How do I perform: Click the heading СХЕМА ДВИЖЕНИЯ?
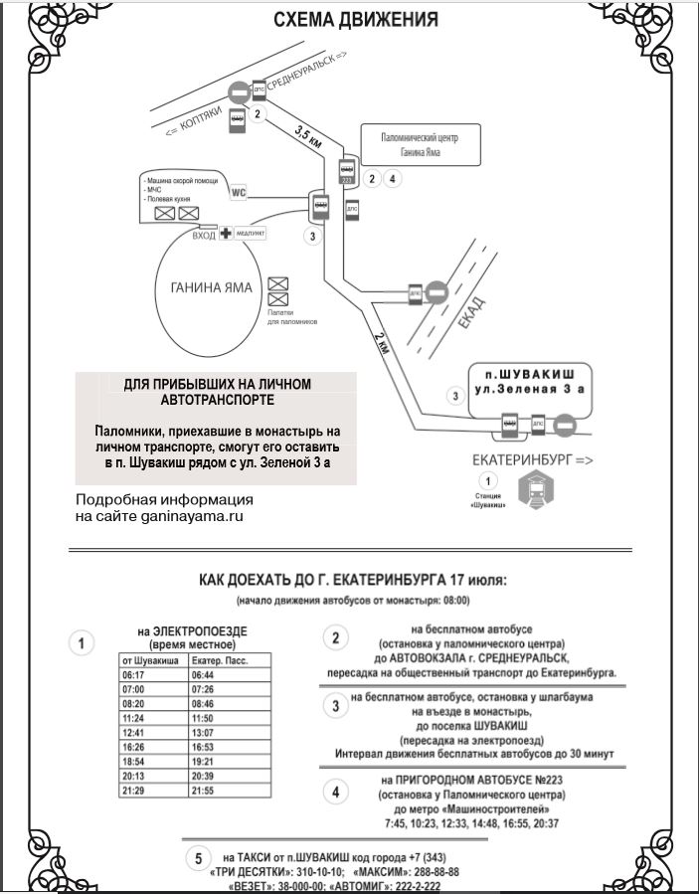pyautogui.click(x=356, y=19)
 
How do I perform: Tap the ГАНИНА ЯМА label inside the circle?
pyautogui.click(x=205, y=288)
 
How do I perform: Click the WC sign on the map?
pyautogui.click(x=238, y=192)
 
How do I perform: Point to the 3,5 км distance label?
pyautogui.click(x=309, y=137)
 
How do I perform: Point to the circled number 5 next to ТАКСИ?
pyautogui.click(x=199, y=857)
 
